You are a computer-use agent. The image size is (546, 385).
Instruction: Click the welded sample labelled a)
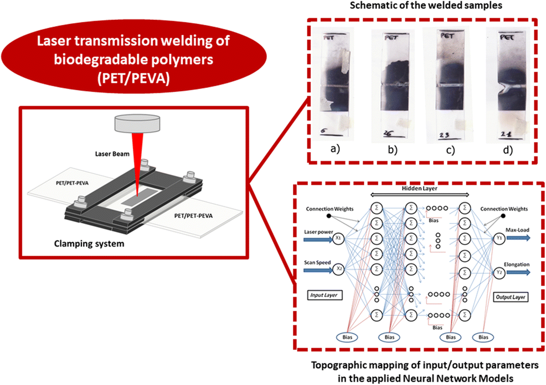(334, 84)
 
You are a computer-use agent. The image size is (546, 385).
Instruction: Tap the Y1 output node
(499, 240)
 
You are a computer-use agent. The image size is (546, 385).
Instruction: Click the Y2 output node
(499, 272)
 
